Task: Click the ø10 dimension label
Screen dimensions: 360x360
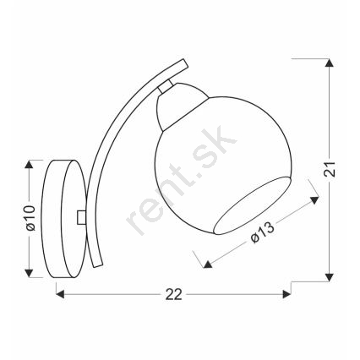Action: pyautogui.click(x=30, y=218)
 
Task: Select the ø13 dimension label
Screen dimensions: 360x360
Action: pyautogui.click(x=262, y=232)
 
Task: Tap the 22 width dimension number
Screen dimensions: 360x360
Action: pyautogui.click(x=174, y=295)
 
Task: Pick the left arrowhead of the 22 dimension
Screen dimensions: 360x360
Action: pyautogui.click(x=60, y=295)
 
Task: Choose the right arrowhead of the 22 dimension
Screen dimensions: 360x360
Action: pyautogui.click(x=286, y=295)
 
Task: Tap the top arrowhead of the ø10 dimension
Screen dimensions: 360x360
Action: pyautogui.click(x=29, y=164)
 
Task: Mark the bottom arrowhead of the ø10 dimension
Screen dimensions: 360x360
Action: pyautogui.click(x=29, y=273)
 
